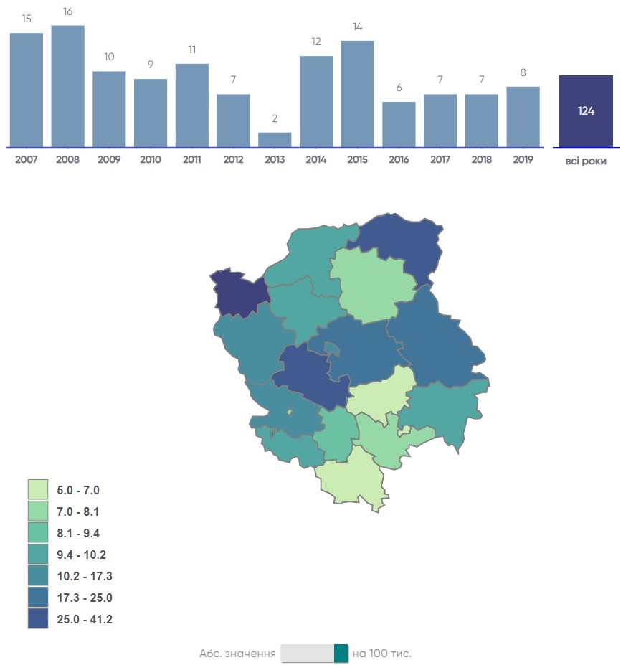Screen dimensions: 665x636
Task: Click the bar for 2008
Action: [68, 86]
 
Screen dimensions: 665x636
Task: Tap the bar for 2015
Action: [358, 94]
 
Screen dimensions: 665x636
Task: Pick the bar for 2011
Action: [192, 105]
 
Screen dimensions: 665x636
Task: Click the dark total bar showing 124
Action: [586, 111]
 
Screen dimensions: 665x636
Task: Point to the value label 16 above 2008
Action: [68, 11]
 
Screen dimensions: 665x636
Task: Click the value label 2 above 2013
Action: [275, 119]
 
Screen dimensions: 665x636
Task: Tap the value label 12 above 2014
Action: [316, 42]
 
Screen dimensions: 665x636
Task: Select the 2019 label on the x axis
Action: [523, 160]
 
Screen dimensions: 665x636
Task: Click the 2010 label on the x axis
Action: [151, 160]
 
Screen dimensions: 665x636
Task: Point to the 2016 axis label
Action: [399, 160]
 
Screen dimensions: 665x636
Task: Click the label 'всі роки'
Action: [586, 161]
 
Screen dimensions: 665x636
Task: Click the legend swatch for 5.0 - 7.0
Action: [38, 490]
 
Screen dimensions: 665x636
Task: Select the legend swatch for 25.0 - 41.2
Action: [38, 619]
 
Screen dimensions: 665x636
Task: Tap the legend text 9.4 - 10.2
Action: [81, 555]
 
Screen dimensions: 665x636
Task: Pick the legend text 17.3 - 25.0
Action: [84, 598]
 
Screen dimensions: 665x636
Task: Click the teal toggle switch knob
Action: [341, 654]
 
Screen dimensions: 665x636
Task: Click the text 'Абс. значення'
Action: [237, 654]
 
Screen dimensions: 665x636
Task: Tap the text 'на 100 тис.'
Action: [382, 654]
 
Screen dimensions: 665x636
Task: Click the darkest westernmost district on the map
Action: [239, 292]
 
